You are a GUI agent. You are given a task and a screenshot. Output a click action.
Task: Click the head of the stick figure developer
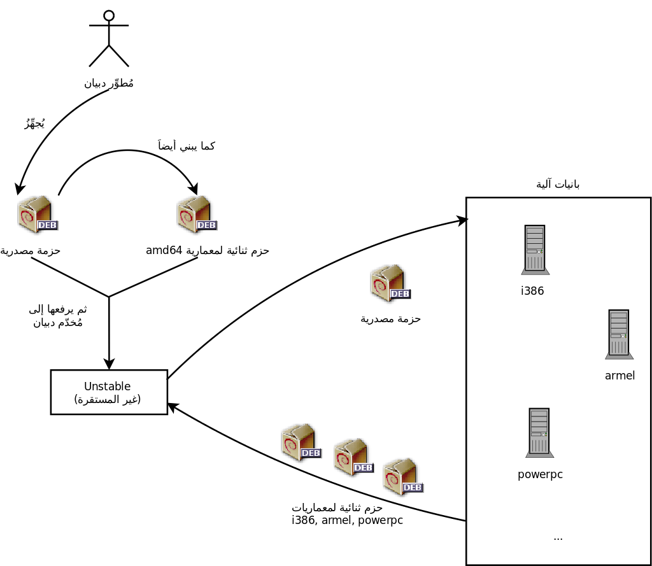(x=109, y=16)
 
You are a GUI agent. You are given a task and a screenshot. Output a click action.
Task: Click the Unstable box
(x=109, y=392)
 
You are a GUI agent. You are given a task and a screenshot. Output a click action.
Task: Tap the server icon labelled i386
(x=535, y=250)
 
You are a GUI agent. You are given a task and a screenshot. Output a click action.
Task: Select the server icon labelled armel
(x=619, y=334)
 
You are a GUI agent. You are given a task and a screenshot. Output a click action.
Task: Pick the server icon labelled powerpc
(x=539, y=433)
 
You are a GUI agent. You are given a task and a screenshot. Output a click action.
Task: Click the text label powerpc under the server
(x=540, y=474)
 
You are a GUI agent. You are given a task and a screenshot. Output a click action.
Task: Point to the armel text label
(x=620, y=376)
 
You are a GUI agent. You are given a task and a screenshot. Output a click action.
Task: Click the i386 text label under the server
(x=532, y=292)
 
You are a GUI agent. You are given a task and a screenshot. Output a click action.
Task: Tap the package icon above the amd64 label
(x=197, y=215)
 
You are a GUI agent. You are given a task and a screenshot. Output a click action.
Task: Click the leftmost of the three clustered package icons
(x=301, y=442)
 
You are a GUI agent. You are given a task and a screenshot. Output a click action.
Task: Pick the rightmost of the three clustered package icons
(x=403, y=477)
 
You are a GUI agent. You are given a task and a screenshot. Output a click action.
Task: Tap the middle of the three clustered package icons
(x=353, y=457)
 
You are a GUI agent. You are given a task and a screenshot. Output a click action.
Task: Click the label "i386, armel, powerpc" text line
(x=347, y=520)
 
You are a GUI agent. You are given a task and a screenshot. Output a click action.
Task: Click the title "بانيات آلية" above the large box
(x=558, y=184)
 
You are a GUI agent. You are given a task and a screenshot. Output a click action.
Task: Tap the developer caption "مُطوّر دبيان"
(x=109, y=83)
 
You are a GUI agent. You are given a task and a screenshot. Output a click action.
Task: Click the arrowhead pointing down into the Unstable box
(x=109, y=364)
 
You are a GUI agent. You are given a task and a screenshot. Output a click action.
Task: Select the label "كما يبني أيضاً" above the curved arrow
(x=186, y=146)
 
